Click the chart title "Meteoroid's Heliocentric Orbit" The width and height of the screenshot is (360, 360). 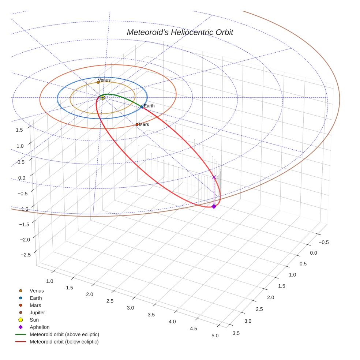point(180,32)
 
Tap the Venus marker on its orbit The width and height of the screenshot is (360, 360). point(98,82)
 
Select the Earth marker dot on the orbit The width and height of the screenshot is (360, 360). point(142,107)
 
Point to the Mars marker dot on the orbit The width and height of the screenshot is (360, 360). point(137,124)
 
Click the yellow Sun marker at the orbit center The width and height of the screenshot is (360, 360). point(103,97)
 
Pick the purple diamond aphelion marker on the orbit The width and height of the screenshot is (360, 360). point(214,207)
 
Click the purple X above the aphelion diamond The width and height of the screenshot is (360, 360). point(214,177)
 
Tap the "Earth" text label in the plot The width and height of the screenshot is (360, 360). point(149,106)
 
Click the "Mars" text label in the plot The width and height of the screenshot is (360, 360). point(144,125)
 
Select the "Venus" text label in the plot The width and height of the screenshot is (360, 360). point(104,80)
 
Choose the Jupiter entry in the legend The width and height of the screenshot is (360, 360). point(37,312)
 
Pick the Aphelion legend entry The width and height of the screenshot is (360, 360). point(40,327)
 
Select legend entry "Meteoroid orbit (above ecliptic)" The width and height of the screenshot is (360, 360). point(64,334)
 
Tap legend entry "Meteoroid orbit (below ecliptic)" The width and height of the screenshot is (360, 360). point(64,342)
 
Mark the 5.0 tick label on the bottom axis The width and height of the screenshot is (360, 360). point(215,336)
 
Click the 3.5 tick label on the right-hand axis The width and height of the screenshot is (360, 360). point(236,333)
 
